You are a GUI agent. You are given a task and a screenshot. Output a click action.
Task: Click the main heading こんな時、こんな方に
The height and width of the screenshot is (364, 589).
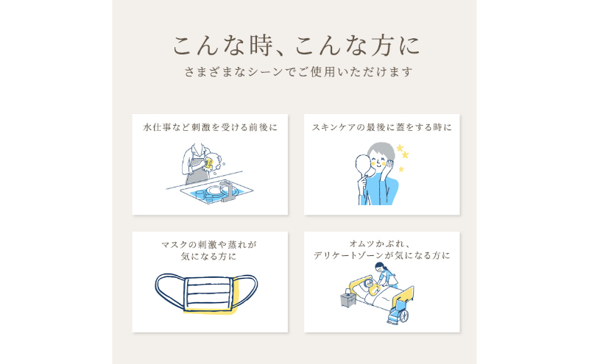[296, 46]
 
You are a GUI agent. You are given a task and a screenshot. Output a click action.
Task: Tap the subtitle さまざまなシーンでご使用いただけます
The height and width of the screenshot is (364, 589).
[298, 71]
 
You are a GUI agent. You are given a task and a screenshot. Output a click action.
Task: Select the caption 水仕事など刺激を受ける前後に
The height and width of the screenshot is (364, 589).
[210, 128]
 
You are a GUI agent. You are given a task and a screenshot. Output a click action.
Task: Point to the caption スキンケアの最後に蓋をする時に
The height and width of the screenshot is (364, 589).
[381, 128]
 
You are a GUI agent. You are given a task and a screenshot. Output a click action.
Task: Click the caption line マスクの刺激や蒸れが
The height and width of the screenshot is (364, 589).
[209, 245]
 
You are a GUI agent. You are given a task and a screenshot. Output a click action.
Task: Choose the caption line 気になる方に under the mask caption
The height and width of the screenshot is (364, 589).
[208, 257]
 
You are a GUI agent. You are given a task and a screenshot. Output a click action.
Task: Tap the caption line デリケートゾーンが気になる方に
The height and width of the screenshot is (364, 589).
[381, 256]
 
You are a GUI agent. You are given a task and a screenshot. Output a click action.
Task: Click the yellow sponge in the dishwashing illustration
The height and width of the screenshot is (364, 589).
[209, 163]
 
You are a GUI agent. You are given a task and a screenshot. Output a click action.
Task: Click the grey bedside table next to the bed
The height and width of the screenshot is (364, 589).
[348, 299]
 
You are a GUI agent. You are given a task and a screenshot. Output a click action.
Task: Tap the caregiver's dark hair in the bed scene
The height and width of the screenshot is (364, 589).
[381, 266]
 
